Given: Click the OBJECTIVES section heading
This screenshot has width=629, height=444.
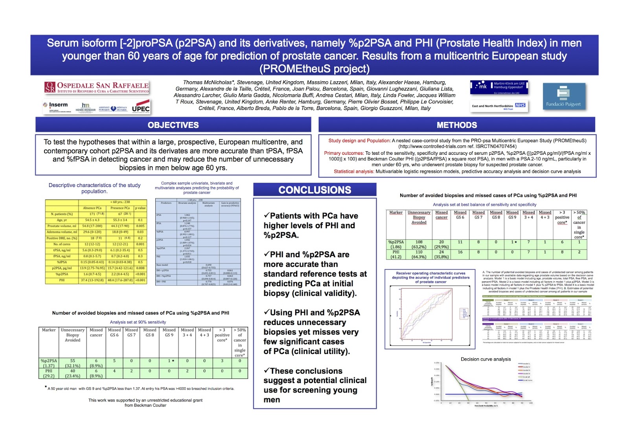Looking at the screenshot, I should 173,125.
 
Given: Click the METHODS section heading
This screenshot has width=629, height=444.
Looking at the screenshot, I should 456,125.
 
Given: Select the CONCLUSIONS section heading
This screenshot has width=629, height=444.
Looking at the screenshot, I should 314,190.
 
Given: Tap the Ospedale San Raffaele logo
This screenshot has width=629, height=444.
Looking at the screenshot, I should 97,87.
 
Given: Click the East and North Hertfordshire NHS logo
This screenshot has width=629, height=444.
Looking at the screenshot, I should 498,106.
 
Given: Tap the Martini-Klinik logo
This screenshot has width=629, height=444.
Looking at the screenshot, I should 498,87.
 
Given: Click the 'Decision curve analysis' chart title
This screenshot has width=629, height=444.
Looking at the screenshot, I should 486,359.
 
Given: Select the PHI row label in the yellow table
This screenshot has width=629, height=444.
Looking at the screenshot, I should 62,280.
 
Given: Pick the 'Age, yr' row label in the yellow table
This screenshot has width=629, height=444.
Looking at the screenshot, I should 62,220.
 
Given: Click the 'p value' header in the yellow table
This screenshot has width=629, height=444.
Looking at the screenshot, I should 140,208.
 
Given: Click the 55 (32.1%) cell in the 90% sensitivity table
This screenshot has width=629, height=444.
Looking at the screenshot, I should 72,363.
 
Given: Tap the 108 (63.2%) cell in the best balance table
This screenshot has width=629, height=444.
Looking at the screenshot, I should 419,244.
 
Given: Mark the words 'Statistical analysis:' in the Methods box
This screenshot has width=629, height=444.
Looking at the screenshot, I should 354,171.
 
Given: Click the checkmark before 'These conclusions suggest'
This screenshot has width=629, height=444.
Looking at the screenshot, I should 267,371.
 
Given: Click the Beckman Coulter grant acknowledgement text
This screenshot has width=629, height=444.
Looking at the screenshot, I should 145,403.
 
